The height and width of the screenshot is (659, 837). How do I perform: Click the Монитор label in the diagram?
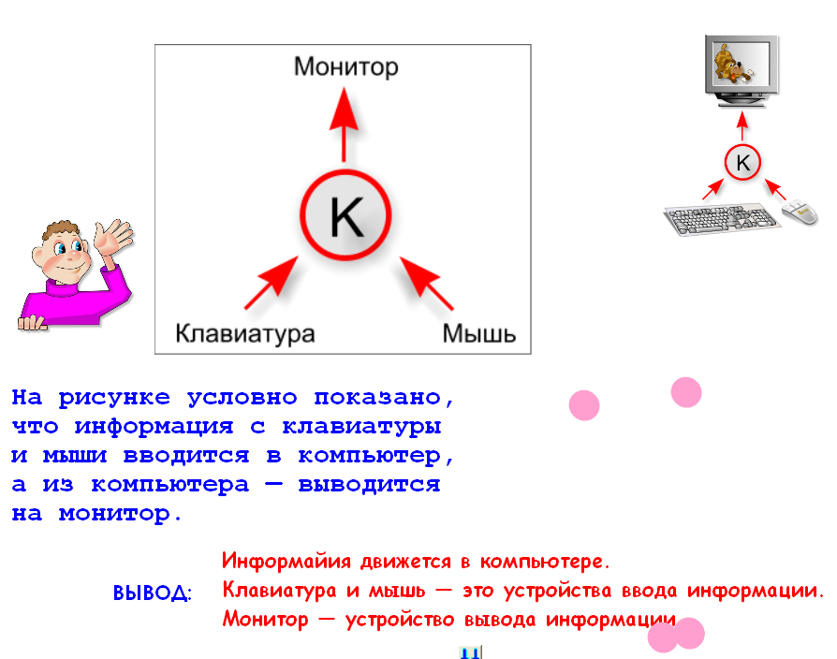345,67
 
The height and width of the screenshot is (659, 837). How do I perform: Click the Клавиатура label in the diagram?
245,334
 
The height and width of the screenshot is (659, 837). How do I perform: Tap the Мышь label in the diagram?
478,334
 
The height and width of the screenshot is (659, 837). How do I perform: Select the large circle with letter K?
345,215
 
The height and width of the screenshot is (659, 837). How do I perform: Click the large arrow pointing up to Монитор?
344,124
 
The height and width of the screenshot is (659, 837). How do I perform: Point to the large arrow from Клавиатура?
272,283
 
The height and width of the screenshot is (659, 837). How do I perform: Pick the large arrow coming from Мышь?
427,283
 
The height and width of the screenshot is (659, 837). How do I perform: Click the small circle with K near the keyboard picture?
742,162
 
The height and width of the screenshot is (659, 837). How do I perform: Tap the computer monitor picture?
742,71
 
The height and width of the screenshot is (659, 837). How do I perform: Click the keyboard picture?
721,219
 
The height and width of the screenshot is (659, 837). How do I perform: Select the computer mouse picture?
800,212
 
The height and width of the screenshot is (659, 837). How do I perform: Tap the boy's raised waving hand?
111,237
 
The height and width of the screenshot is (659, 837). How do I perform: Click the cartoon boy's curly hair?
60,231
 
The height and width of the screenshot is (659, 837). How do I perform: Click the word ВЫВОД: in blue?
152,593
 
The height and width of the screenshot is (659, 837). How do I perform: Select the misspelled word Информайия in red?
286,562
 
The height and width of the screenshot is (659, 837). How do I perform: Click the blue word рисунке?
114,398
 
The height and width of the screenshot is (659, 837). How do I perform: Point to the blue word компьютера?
169,485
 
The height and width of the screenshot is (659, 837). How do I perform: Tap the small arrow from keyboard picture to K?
712,189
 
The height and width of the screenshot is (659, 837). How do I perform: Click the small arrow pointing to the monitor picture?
742,126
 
